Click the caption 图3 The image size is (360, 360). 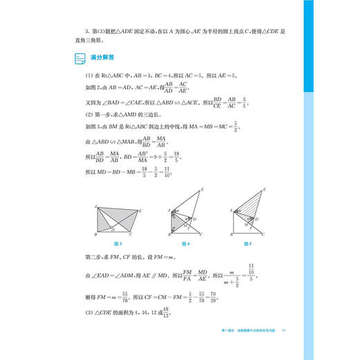[x=116, y=244]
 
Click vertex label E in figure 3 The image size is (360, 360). [x=141, y=210]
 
